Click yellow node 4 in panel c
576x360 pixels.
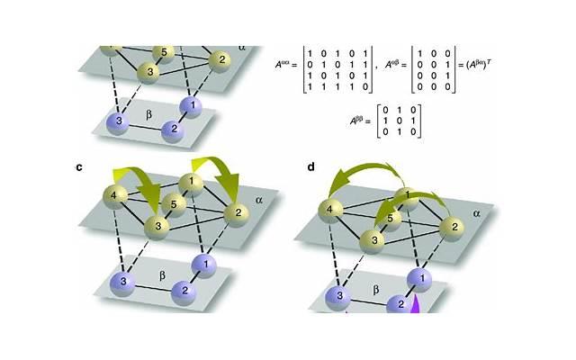(x=114, y=193)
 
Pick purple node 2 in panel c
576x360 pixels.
(x=182, y=291)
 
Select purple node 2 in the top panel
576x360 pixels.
(x=168, y=130)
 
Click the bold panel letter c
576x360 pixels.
(x=80, y=166)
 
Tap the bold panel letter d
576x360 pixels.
(x=310, y=166)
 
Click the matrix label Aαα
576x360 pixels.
(x=286, y=65)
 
